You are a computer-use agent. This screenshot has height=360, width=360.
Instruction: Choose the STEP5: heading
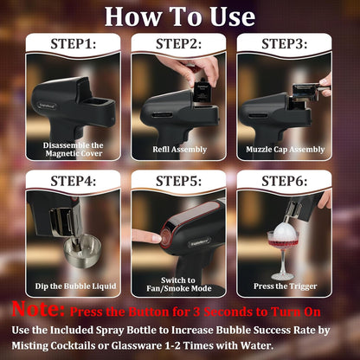(x=179, y=181)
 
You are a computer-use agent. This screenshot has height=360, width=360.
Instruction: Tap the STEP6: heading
(x=286, y=181)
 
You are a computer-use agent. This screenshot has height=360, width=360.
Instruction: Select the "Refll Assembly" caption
(x=179, y=148)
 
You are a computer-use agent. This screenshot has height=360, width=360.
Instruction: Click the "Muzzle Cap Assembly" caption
(x=286, y=148)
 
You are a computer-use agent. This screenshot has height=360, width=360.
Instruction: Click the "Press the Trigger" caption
(x=286, y=286)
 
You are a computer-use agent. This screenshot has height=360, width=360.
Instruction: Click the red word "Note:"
(x=37, y=309)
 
